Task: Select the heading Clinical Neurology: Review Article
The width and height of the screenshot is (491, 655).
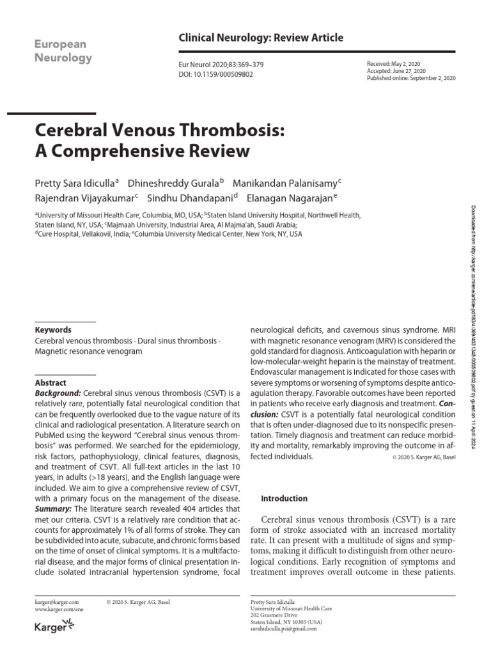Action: pyautogui.click(x=261, y=38)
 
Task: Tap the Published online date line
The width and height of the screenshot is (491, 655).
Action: pyautogui.click(x=411, y=79)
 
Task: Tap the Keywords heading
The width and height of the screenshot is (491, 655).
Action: pyautogui.click(x=53, y=330)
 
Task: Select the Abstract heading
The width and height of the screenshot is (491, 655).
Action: pyautogui.click(x=51, y=383)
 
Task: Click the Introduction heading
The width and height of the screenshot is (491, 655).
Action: pyautogui.click(x=285, y=498)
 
